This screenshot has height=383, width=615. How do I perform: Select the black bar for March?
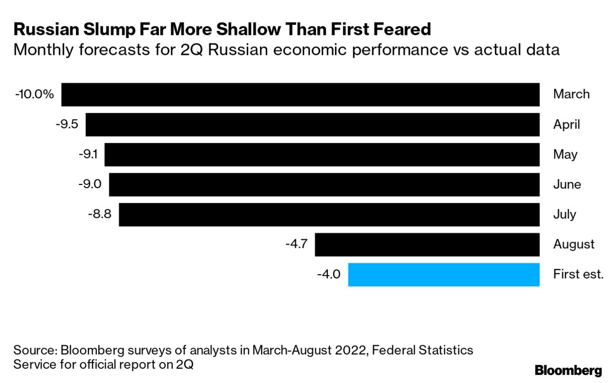click(x=301, y=95)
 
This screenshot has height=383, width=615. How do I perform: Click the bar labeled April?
click(x=313, y=125)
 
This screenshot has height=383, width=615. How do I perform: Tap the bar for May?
click(x=322, y=155)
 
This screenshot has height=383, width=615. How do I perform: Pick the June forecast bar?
click(x=324, y=184)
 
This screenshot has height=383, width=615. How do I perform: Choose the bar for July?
click(x=329, y=214)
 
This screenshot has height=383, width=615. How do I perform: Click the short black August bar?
click(x=427, y=245)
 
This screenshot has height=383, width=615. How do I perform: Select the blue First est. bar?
click(x=444, y=275)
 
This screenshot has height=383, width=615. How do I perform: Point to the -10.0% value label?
click(x=35, y=95)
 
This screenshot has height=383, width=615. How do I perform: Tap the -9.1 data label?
click(x=89, y=155)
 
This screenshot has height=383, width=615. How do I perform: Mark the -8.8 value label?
click(x=99, y=214)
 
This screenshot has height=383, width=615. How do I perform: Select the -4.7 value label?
click(x=296, y=245)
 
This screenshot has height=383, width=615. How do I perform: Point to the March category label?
click(x=571, y=94)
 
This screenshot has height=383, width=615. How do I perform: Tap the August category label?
click(x=574, y=245)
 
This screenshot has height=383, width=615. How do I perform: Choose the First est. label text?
click(x=578, y=275)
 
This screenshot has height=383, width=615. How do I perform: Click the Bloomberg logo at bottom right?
click(x=568, y=370)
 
